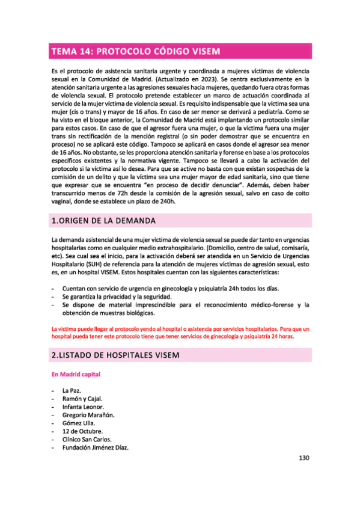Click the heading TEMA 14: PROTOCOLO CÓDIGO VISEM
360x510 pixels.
pyautogui.click(x=136, y=51)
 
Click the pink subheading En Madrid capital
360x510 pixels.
pyautogui.click(x=76, y=374)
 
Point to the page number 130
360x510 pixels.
pyautogui.click(x=304, y=458)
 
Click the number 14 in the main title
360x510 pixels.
pyautogui.click(x=85, y=51)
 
